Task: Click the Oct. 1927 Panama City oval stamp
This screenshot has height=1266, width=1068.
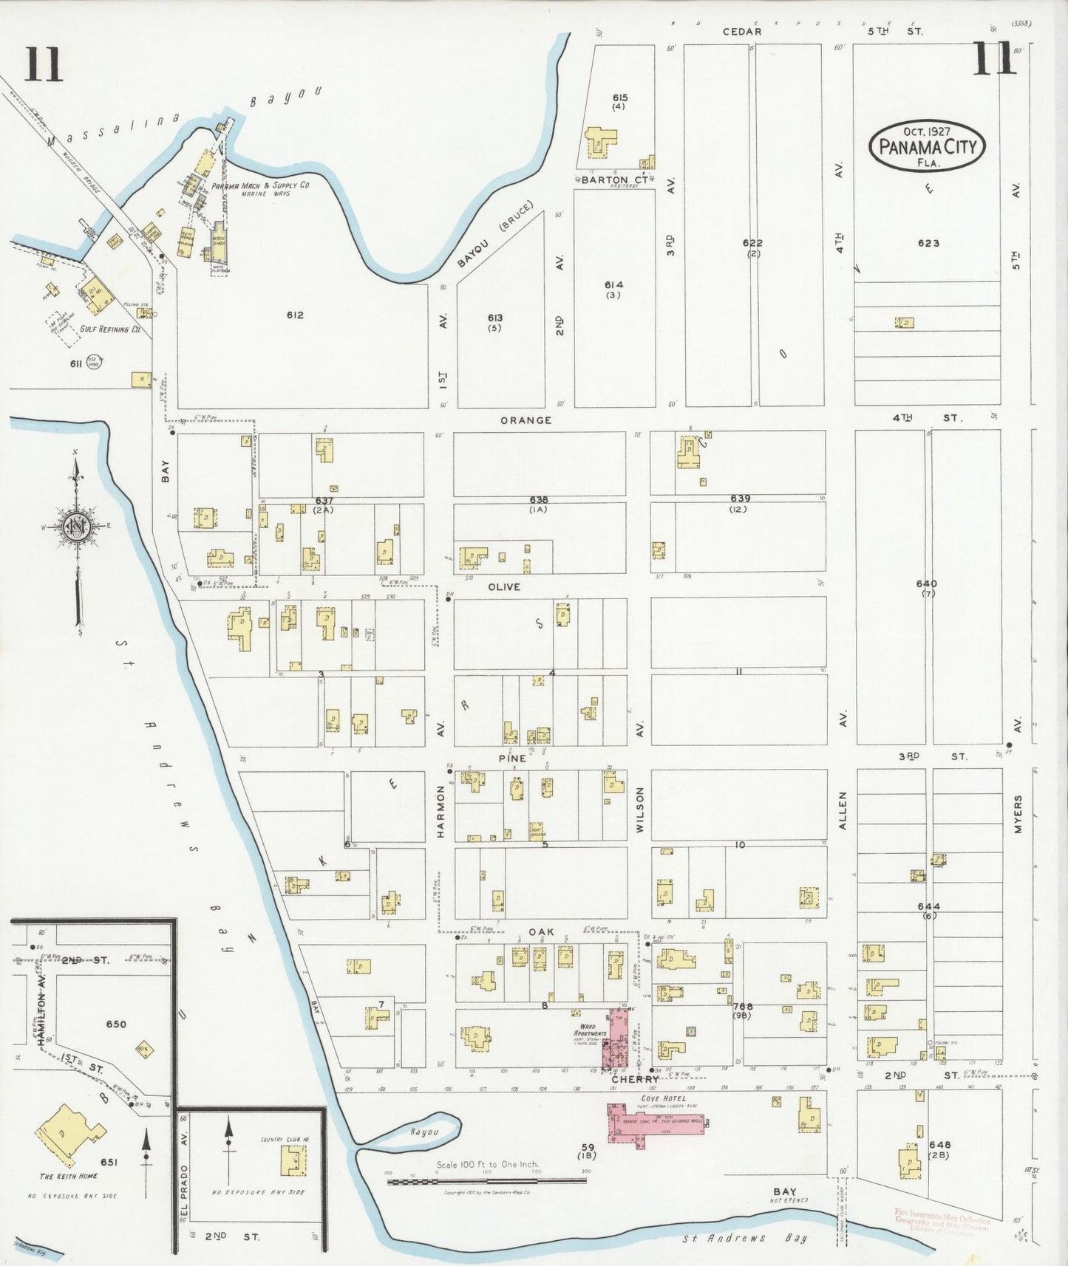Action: click(927, 146)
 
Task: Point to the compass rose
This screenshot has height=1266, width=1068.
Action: click(76, 526)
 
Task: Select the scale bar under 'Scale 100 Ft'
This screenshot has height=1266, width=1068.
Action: click(486, 1181)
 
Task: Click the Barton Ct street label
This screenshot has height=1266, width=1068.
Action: click(614, 179)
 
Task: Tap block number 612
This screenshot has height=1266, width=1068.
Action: click(295, 315)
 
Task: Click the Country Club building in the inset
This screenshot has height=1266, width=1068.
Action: click(293, 1160)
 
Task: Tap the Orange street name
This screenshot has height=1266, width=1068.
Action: click(526, 420)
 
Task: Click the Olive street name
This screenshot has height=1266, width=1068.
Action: click(504, 586)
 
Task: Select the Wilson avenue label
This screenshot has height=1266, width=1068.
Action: click(640, 810)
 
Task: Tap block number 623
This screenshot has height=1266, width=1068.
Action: click(928, 243)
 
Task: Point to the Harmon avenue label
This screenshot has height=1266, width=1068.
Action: click(441, 811)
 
